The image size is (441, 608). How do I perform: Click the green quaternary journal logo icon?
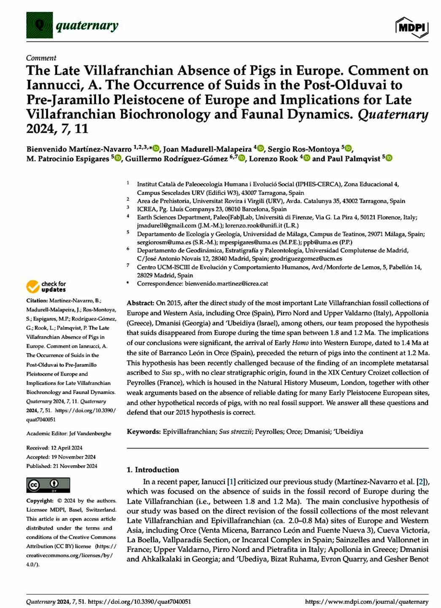[x=39, y=25]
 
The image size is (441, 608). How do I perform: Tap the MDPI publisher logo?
[x=412, y=27]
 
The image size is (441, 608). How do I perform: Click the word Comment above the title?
[x=41, y=58]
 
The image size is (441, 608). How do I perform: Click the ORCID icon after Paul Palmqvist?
[x=389, y=158]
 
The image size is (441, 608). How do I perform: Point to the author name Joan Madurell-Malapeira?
[x=207, y=149]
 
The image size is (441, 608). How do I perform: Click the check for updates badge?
[x=46, y=287]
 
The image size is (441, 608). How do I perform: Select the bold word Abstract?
[x=140, y=303]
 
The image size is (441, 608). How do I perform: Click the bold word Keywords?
[x=143, y=431]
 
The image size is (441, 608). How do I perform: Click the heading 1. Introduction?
[x=153, y=469]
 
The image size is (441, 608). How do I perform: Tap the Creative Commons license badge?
[x=48, y=485]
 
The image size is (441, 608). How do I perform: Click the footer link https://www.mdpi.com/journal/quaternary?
[x=366, y=602]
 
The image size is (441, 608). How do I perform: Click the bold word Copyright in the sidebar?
[x=40, y=501]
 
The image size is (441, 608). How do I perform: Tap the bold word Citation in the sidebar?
[x=37, y=300]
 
